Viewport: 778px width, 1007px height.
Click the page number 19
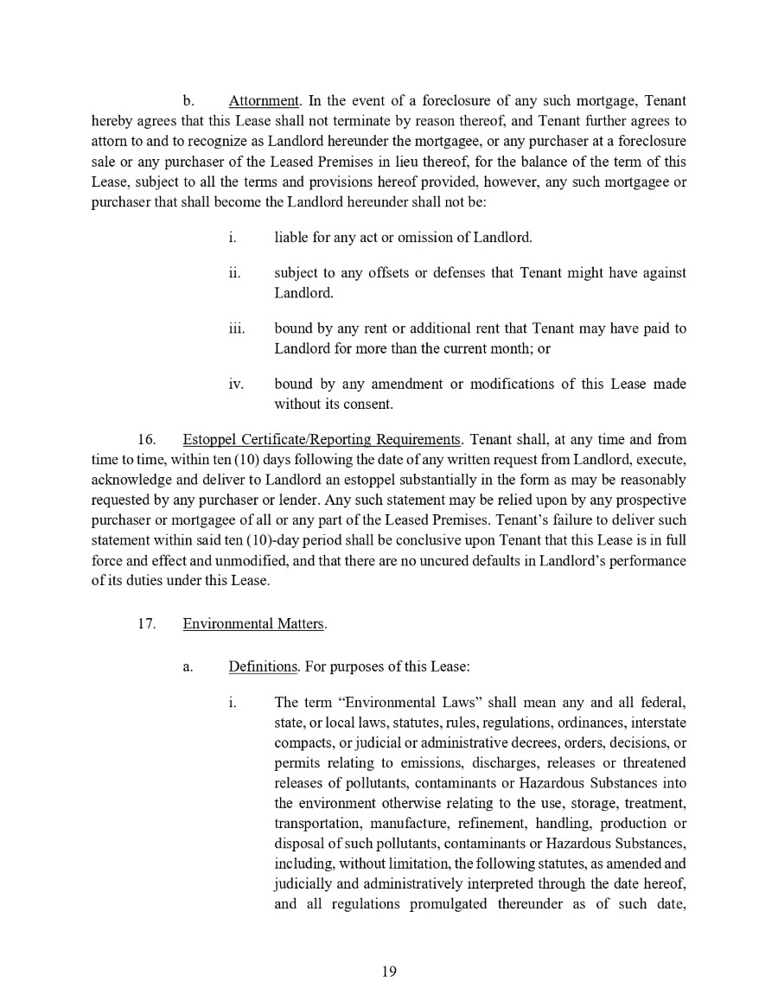click(388, 972)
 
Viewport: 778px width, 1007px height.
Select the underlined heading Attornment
click(263, 102)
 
